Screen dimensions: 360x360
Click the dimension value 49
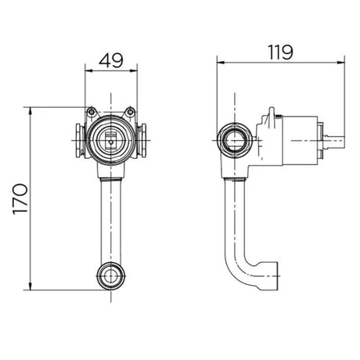111,61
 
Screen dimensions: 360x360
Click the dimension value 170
20,199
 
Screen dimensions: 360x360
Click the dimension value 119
281,52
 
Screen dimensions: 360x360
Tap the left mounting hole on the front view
92,112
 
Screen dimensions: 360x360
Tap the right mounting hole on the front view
130,112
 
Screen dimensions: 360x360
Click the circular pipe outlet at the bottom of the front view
111,276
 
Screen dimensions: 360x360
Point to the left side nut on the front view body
80,140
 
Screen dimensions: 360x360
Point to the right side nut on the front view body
142,140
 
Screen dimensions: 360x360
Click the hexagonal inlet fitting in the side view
235,141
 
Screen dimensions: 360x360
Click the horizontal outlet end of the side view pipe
268,276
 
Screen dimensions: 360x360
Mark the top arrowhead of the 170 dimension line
31,110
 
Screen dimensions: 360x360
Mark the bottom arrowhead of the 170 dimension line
31,286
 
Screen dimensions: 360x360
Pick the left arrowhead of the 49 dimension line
89,70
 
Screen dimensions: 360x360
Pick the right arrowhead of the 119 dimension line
341,63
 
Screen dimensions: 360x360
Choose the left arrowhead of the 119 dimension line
221,63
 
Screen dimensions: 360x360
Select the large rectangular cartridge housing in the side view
300,140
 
